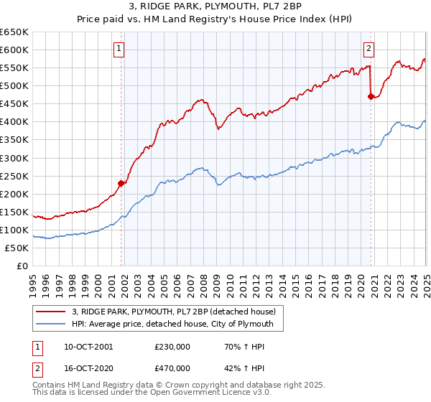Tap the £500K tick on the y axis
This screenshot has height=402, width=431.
[x=14, y=85]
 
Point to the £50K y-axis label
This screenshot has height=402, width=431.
[x=17, y=248]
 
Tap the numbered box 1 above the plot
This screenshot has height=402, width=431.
[x=119, y=49]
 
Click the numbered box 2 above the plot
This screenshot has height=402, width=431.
[x=369, y=49]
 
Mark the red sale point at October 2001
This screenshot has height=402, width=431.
[x=121, y=183]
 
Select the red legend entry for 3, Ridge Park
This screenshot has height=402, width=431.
[x=178, y=311]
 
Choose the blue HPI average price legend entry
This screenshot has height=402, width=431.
[x=177, y=324]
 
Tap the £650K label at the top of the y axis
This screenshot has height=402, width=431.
[x=14, y=32]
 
